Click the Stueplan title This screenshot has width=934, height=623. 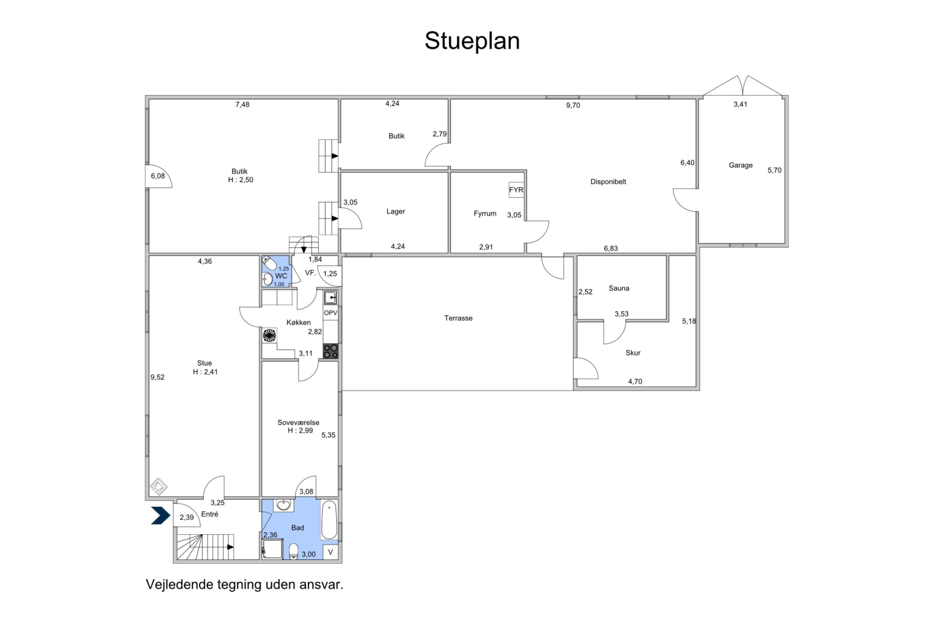pos(472,42)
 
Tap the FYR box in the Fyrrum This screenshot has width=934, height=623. pos(516,190)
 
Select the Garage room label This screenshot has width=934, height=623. pos(740,165)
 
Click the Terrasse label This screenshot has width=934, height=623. pos(458,318)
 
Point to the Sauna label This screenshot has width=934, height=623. pos(619,288)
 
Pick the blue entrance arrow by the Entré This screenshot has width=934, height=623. pos(160,515)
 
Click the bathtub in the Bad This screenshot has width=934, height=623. pos(329,520)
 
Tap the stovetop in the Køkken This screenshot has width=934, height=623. pos(331,351)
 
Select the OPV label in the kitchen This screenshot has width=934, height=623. pos(331,313)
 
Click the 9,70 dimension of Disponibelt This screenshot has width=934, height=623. pos(573,105)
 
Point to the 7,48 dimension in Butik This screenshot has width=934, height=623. pos(242,104)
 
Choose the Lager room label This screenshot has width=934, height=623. pos(396,211)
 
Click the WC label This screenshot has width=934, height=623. pos(281,276)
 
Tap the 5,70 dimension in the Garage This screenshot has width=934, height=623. pos(774,170)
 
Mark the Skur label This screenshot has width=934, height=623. pos(633,352)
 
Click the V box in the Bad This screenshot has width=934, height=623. pos(331,552)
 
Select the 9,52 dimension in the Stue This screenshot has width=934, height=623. pos(157,377)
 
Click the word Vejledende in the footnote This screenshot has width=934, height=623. pos(179,584)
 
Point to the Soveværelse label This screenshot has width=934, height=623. pos(298,422)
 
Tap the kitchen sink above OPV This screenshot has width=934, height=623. pos(331,298)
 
